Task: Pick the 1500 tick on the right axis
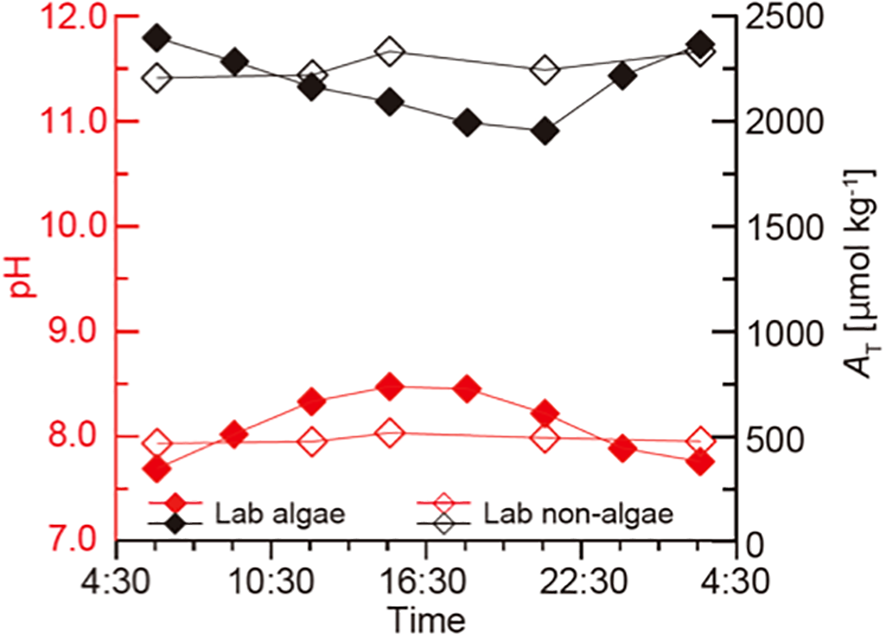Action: click(783, 227)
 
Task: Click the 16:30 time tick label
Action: click(426, 581)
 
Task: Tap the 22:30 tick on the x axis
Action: click(580, 581)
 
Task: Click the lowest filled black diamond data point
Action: click(545, 131)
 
